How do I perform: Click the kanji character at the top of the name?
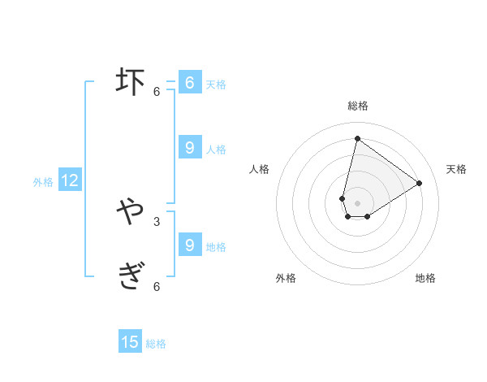coord(130,82)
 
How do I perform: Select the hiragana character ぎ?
coord(130,276)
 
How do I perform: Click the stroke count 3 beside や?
coord(157,221)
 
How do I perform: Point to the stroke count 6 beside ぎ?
coord(157,286)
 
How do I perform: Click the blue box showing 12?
coord(70,181)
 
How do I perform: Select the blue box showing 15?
coord(130,342)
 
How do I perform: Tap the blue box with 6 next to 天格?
coord(189,83)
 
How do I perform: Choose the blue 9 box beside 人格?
coord(189,148)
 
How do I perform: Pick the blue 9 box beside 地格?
coord(189,245)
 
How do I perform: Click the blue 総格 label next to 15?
coord(156,344)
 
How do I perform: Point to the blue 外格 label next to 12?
coord(43,182)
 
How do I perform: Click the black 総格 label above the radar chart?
coord(357,106)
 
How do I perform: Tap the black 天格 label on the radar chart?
coord(456,169)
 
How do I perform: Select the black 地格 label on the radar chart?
coord(425,278)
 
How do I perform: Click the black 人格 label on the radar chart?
coord(259,169)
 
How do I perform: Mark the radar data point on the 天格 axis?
coord(420,183)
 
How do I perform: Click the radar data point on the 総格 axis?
coord(357,138)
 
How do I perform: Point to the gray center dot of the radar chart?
coord(357,203)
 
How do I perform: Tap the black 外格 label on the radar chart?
coord(286,278)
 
